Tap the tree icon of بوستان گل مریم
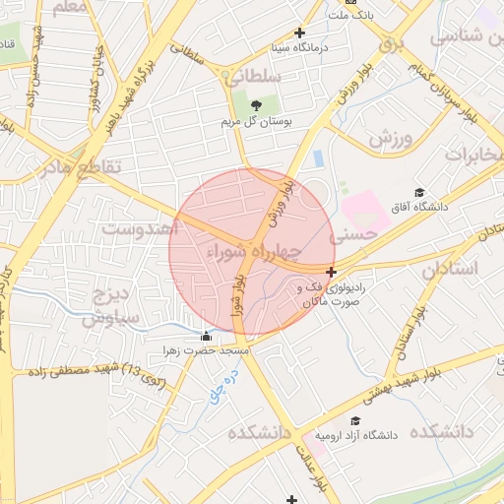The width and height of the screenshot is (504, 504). (257, 105)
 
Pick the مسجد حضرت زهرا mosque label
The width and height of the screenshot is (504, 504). (209, 350)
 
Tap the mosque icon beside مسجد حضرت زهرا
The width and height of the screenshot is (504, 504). (205, 337)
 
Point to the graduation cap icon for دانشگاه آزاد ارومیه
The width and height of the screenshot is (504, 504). (320, 434)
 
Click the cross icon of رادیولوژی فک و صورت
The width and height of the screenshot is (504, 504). (332, 272)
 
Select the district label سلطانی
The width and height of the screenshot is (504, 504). (258, 76)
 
